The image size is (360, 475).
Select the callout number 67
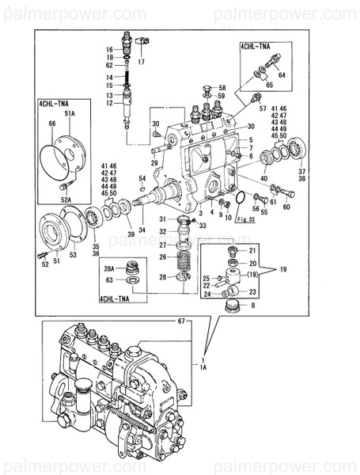click(180, 321)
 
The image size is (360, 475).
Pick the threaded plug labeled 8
click(233, 306)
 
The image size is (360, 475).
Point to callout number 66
click(51, 124)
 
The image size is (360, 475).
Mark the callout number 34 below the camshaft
click(142, 230)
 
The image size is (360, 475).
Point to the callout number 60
click(286, 207)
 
